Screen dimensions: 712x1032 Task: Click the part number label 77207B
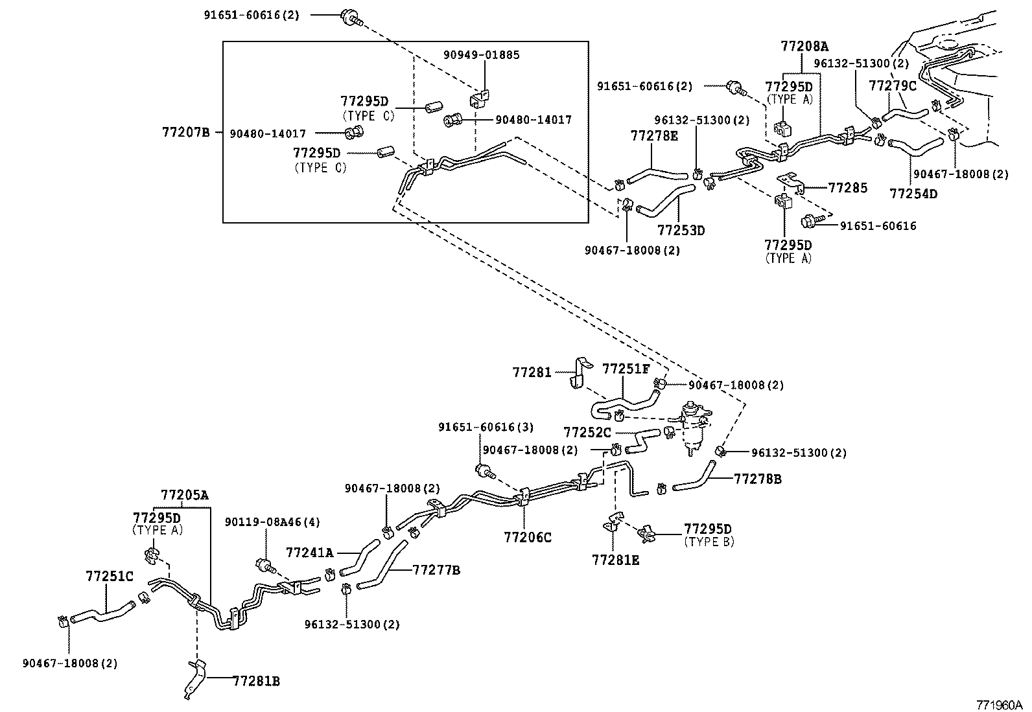point(185,133)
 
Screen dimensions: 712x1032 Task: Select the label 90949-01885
point(482,55)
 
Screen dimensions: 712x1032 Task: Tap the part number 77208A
point(804,47)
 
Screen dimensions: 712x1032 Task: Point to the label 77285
point(847,188)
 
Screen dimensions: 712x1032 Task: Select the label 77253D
point(681,230)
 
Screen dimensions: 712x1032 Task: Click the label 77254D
point(913,194)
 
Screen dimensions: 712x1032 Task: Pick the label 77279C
point(893,86)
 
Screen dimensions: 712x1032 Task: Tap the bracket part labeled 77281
point(581,374)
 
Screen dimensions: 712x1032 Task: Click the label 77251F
point(626,369)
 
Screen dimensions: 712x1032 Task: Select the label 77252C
point(587,432)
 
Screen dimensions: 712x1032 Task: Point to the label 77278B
point(758,479)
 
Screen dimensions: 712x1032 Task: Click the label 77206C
point(528,537)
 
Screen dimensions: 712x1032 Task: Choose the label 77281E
point(615,560)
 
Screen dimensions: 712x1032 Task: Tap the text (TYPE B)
point(709,542)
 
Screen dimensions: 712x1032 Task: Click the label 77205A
point(185,496)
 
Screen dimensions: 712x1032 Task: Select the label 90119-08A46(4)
point(272,522)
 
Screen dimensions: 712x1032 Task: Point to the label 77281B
point(256,681)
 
